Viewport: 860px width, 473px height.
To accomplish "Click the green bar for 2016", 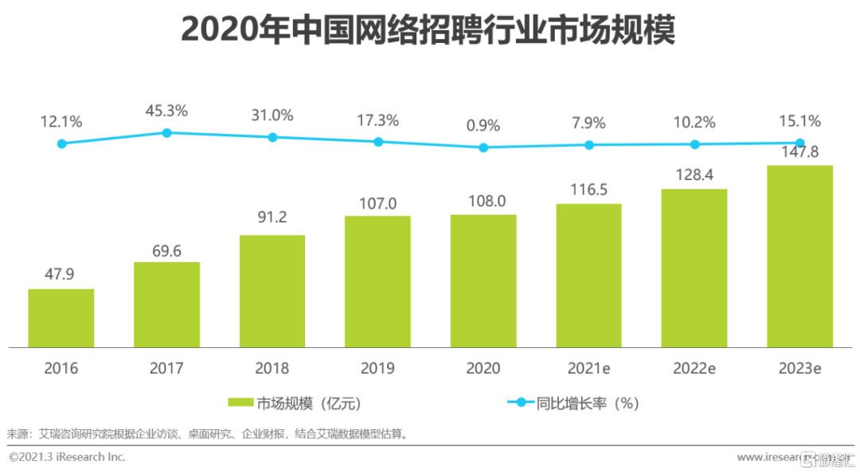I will (x=61, y=318).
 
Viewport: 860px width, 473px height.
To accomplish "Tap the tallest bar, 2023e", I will (x=799, y=256).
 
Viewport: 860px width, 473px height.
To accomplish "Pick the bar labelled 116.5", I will (x=588, y=276).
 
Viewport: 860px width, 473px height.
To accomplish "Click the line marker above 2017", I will (x=166, y=133).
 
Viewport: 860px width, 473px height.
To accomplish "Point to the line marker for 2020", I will (x=483, y=147).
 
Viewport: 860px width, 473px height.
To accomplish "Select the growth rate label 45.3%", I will (x=166, y=111).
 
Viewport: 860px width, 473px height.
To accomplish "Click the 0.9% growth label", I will (x=483, y=125).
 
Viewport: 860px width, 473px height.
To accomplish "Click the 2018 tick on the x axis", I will (x=272, y=368).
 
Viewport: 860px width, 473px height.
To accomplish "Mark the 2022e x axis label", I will (x=694, y=368).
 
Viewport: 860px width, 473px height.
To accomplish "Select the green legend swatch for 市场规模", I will (x=240, y=403).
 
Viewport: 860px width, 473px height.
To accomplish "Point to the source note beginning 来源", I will (x=207, y=434).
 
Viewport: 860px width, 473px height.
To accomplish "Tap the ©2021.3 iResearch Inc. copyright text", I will (x=67, y=457).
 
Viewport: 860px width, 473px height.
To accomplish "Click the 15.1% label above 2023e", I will (x=799, y=121).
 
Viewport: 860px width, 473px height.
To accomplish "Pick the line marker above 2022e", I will (x=694, y=144).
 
